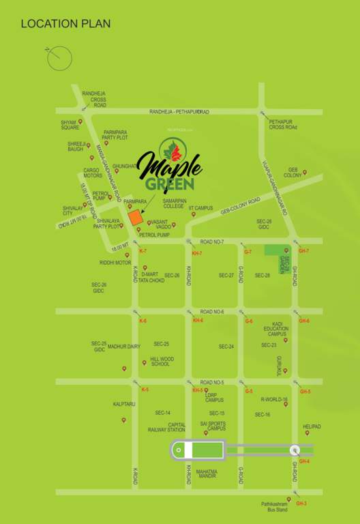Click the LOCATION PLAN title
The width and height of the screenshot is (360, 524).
tap(65, 24)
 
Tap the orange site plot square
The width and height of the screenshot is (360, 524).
tap(136, 218)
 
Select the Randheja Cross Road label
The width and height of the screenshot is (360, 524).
tap(94, 99)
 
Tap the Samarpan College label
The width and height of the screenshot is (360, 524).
tap(174, 203)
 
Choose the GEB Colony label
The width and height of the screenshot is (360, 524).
tap(293, 172)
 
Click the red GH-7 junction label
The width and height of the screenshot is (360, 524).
tap(303, 251)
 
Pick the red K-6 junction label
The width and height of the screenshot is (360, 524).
tap(142, 320)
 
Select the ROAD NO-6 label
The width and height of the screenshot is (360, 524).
tap(212, 311)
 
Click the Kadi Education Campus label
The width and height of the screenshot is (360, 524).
tap(276, 330)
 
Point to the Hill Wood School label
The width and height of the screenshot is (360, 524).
tap(162, 362)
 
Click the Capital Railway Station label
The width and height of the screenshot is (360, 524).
tap(166, 427)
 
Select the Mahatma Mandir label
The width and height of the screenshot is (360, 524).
tap(207, 475)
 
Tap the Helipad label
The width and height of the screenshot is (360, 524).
tap(312, 427)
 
